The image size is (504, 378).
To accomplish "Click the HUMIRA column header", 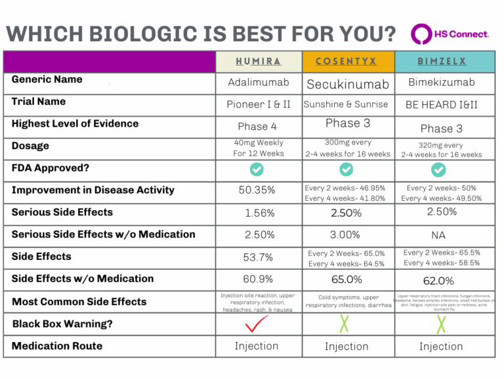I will coord(259,62).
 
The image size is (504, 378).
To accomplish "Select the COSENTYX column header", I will coord(346,62).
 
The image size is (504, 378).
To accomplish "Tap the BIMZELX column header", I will coord(441,62).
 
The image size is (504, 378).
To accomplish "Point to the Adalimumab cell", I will coord(259,83).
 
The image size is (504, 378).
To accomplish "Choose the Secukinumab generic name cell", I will coord(347,84).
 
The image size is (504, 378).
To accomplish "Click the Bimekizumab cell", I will coord(441,83).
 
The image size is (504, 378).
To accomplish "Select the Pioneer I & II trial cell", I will coord(259,105).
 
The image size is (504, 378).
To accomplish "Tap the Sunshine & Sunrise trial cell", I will coord(347,104).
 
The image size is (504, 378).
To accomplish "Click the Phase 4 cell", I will coord(259,127).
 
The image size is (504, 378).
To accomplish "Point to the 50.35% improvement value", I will coord(259,190).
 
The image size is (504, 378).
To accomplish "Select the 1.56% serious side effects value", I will coord(259,213).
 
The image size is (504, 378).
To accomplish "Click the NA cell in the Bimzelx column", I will coord(440,235).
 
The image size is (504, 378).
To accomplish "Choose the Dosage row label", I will coord(30,146).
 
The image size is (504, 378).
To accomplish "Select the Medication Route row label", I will coord(57,346).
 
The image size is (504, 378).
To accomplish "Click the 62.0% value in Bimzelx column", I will coord(439,280).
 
